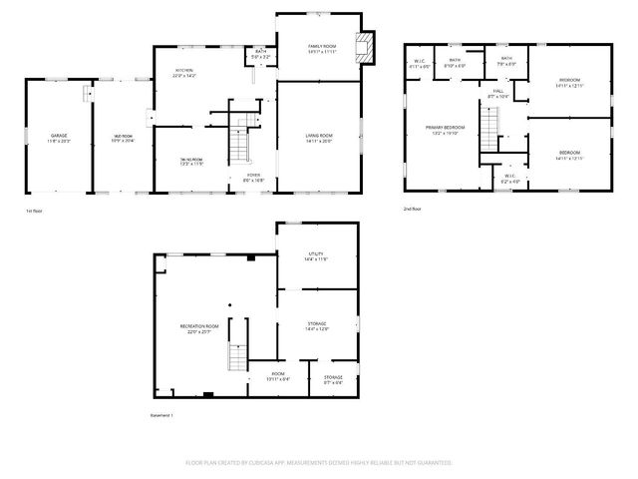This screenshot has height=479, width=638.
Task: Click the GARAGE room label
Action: [x=59, y=135]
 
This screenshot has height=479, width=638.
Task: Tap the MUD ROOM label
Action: [x=122, y=137]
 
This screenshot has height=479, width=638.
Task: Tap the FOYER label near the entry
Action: [x=254, y=178]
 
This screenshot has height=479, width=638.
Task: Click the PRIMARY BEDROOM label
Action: [x=446, y=128]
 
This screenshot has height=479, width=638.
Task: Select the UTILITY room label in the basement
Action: [x=316, y=255]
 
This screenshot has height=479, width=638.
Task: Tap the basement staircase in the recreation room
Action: [x=237, y=355]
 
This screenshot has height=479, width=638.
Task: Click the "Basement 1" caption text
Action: [x=161, y=414]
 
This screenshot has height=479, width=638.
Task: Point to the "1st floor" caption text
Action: [x=34, y=211]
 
